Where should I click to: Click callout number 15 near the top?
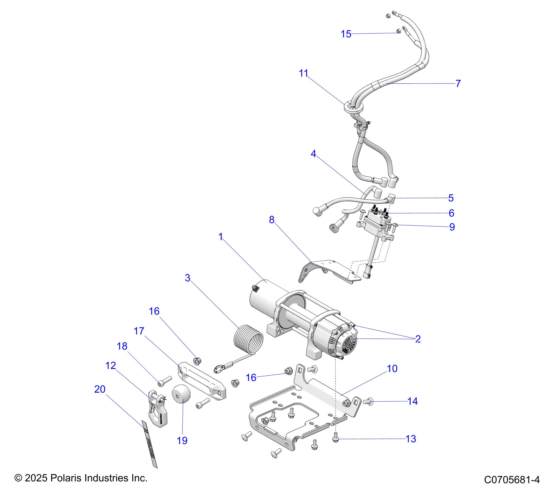click(346, 34)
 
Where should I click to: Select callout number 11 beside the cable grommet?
click(303, 73)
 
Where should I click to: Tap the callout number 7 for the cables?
click(458, 83)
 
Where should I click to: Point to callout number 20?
click(100, 389)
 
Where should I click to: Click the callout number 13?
click(411, 439)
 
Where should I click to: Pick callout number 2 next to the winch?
click(418, 339)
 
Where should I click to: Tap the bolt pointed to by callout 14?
click(368, 401)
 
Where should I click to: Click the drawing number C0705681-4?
click(512, 480)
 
